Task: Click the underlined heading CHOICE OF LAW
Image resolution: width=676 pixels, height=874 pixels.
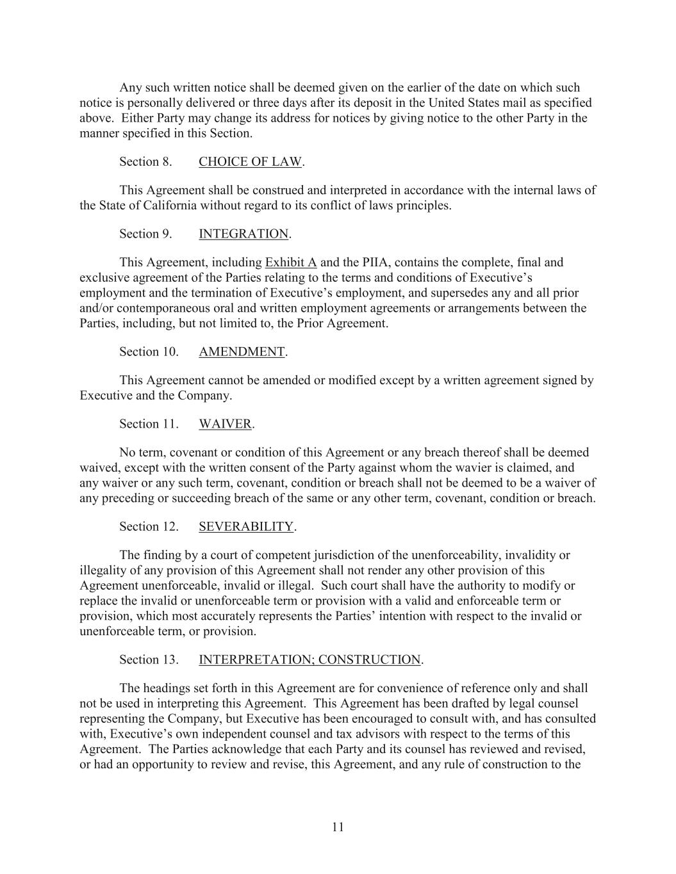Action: click(250, 162)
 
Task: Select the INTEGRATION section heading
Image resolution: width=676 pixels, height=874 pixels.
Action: click(243, 234)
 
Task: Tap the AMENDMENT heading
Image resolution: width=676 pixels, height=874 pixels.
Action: click(242, 352)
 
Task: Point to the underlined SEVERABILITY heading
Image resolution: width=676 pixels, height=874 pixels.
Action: click(246, 527)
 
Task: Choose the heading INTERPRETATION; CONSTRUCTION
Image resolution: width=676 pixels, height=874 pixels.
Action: click(309, 660)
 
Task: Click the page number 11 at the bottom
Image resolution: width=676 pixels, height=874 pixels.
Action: click(338, 827)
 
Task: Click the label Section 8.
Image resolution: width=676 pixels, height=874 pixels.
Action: click(145, 162)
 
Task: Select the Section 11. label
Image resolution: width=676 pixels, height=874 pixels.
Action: click(149, 425)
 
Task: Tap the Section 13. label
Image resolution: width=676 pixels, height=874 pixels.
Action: click(149, 660)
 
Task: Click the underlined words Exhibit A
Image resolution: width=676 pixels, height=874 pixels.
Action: click(291, 263)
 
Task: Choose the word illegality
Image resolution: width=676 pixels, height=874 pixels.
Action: click(105, 571)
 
